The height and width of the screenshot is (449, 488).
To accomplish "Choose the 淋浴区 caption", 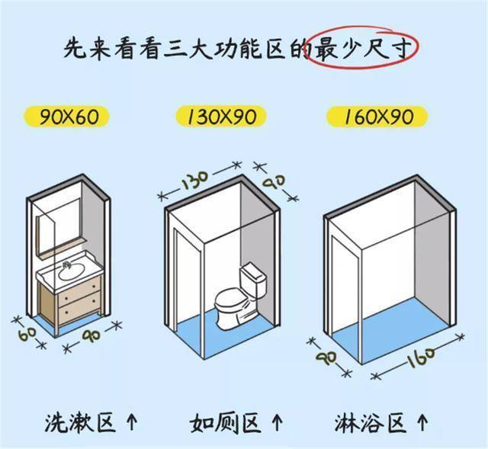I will coord(370,422).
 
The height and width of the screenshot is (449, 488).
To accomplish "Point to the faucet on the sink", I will coord(66,265).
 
